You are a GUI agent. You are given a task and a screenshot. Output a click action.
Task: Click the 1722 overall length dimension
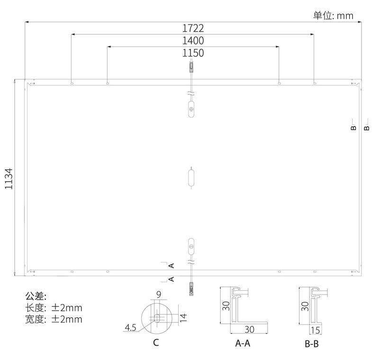pyautogui.click(x=193, y=28)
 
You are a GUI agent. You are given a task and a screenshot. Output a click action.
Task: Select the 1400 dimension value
pyautogui.click(x=193, y=41)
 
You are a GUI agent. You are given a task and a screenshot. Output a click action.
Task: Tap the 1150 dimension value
pyautogui.click(x=193, y=53)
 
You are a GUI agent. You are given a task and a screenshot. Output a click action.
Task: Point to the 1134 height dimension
pyautogui.click(x=9, y=178)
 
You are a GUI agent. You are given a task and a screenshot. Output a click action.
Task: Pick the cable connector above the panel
pyautogui.click(x=191, y=67)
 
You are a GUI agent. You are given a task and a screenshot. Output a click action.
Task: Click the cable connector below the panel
pyautogui.click(x=191, y=289)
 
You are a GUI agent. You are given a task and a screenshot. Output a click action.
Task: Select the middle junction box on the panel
pyautogui.click(x=191, y=178)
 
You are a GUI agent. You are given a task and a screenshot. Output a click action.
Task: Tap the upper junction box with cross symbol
pyautogui.click(x=191, y=109)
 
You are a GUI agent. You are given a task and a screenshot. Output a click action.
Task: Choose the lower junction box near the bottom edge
pyautogui.click(x=191, y=246)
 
